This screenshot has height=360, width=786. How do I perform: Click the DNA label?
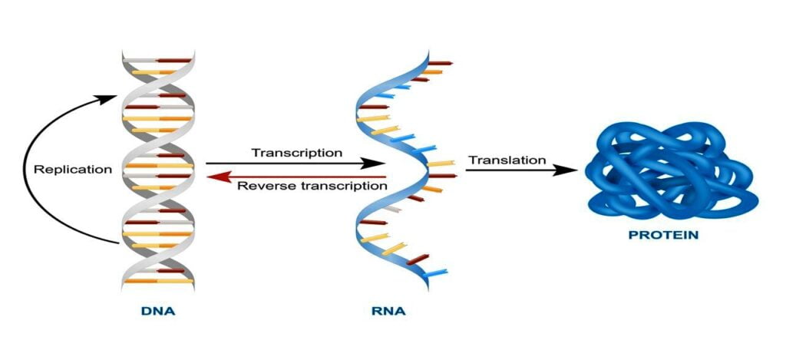pyautogui.click(x=158, y=311)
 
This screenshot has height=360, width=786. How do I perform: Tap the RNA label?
pyautogui.click(x=388, y=311)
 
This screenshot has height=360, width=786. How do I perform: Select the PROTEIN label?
pyautogui.click(x=663, y=234)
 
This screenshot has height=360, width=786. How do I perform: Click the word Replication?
pyautogui.click(x=73, y=170)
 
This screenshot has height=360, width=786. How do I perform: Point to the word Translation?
pyautogui.click(x=507, y=160)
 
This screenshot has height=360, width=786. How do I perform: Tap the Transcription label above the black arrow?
pyautogui.click(x=297, y=152)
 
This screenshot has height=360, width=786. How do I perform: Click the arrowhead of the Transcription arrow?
pyautogui.click(x=374, y=163)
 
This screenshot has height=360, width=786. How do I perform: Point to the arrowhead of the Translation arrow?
pyautogui.click(x=566, y=170)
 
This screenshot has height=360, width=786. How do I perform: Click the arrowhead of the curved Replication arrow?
pyautogui.click(x=107, y=99)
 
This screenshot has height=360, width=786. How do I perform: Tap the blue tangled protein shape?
pyautogui.click(x=672, y=171)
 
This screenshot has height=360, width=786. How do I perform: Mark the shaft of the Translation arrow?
pyautogui.click(x=510, y=170)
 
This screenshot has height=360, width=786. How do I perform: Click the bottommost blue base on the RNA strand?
pyautogui.click(x=434, y=274)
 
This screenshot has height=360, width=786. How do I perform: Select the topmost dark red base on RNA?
pyautogui.click(x=440, y=63)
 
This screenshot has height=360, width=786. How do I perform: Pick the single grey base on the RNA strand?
pyautogui.click(x=394, y=208)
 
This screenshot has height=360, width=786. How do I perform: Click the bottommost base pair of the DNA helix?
pyautogui.click(x=158, y=281)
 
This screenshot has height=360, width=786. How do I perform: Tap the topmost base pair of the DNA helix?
pyautogui.click(x=157, y=60)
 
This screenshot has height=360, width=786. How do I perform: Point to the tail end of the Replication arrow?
pyautogui.click(x=119, y=243)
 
